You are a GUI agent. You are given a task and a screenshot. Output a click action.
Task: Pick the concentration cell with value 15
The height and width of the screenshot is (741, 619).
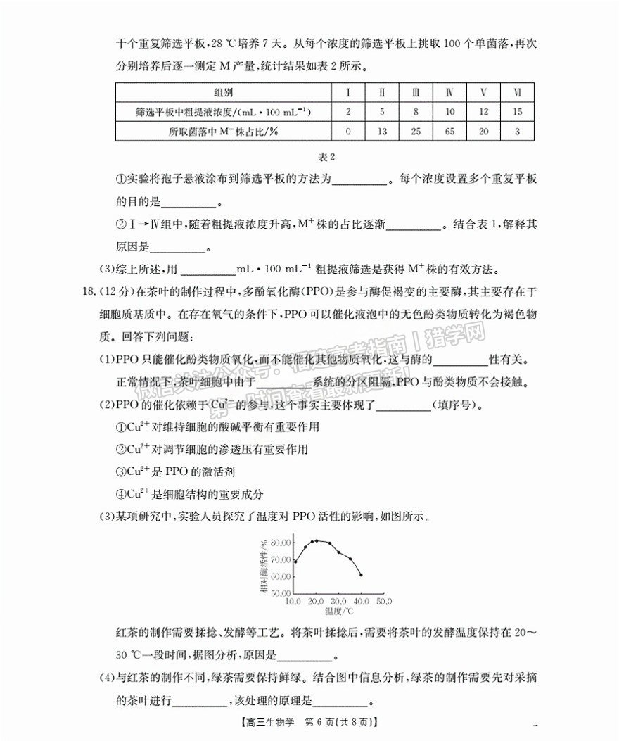pyautogui.click(x=517, y=112)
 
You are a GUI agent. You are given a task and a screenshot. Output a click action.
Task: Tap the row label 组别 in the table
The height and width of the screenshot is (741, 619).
pyautogui.click(x=224, y=93)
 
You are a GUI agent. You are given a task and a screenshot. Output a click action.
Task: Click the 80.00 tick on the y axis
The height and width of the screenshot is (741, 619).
pyautogui.click(x=279, y=543)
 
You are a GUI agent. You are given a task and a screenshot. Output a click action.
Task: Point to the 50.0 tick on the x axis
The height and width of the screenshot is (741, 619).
pyautogui.click(x=384, y=602)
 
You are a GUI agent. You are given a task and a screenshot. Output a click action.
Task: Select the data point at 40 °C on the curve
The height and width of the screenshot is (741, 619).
pyautogui.click(x=361, y=575)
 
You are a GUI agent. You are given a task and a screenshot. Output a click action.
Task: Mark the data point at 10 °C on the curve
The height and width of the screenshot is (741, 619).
pyautogui.click(x=295, y=562)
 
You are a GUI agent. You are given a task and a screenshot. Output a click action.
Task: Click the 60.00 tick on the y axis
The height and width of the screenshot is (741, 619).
pyautogui.click(x=279, y=576)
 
